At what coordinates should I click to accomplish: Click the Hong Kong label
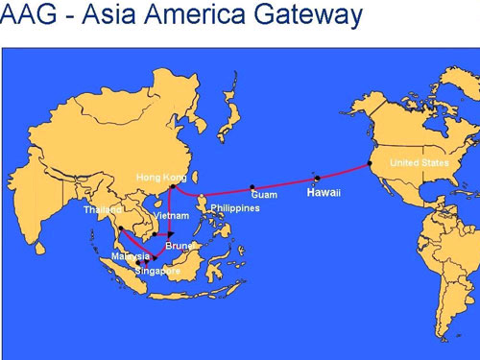(x=160, y=178)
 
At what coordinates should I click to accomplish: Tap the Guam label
(x=264, y=195)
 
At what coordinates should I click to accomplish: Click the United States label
(x=419, y=163)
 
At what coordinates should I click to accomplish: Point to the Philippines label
(x=235, y=208)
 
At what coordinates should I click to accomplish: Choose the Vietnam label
(x=171, y=216)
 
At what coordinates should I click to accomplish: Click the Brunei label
(x=180, y=246)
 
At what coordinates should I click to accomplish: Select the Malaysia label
(x=130, y=256)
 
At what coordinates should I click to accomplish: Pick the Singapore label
(x=157, y=271)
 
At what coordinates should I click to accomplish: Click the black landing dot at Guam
(x=252, y=187)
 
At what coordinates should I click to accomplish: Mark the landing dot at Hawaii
(x=317, y=178)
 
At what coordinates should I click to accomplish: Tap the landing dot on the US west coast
(x=370, y=163)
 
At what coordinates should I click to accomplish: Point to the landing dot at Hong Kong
(x=173, y=187)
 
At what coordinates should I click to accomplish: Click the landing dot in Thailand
(x=121, y=228)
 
